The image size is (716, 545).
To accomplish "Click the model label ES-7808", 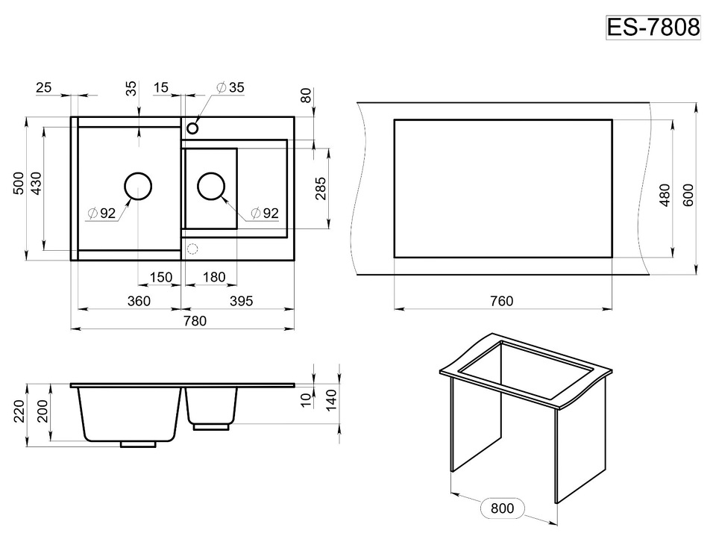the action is [653, 28].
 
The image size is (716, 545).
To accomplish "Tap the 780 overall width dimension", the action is [195, 321].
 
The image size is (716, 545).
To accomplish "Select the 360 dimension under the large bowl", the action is [139, 301].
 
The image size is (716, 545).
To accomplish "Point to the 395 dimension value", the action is [241, 301].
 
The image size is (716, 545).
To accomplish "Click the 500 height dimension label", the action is [18, 184].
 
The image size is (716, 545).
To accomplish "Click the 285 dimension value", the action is [321, 188].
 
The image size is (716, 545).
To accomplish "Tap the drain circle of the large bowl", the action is [138, 186].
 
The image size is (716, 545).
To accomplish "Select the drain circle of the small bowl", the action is [211, 186].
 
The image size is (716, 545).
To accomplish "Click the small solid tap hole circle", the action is [192, 128].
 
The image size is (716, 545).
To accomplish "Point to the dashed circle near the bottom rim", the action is [192, 249].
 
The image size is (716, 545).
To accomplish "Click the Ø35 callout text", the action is [230, 87].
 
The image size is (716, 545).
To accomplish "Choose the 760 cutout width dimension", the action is [501, 301].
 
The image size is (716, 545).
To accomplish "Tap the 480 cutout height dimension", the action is [665, 195].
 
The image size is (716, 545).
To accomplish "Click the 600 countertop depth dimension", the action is [688, 195].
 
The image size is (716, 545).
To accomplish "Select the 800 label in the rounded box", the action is [502, 508].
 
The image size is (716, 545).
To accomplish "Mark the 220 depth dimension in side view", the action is [18, 411].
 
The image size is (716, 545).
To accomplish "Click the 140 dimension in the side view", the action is [331, 399].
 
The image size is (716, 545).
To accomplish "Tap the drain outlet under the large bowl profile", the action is [139, 444].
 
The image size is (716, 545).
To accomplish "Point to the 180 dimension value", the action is [214, 277].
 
